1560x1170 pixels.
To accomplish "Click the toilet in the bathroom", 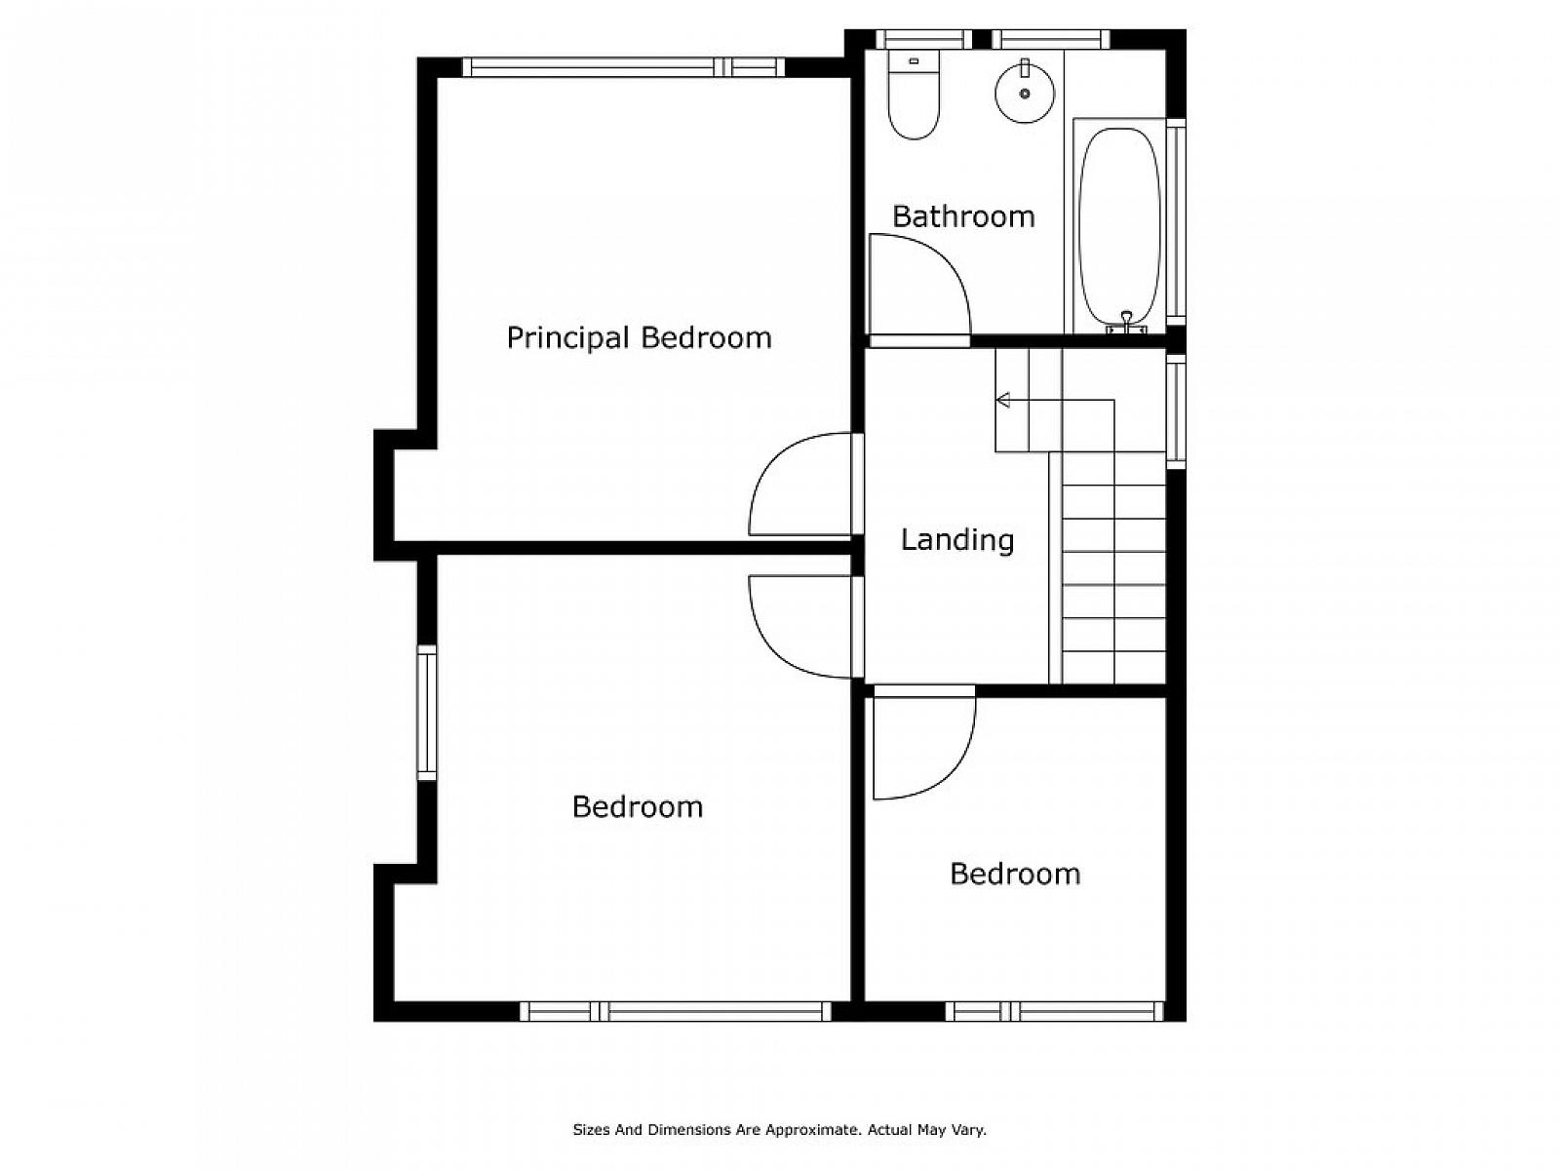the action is coord(914,95).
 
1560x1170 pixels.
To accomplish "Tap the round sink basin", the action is coord(1024,93).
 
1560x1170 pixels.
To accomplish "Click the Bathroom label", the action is coord(963,216).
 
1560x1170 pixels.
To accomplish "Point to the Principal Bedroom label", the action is coord(639,338).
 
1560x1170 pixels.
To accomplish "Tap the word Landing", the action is coord(956,540).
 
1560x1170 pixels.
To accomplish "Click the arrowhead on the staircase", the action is coord(1003,400).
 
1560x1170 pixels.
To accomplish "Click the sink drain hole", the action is coord(1024,93).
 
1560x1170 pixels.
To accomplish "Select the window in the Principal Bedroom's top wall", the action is coord(623,67).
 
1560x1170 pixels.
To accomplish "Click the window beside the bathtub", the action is coord(1176,221).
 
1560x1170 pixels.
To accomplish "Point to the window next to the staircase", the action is coord(1176,412).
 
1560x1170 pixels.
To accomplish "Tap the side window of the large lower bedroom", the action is coord(426,713).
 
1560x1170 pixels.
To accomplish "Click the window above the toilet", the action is coord(923,39).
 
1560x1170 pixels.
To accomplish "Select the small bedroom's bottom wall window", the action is coord(1054,1011).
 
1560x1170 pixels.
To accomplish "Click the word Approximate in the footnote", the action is coord(811,1129).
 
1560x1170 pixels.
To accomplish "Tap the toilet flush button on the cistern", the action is coord(914,61).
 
